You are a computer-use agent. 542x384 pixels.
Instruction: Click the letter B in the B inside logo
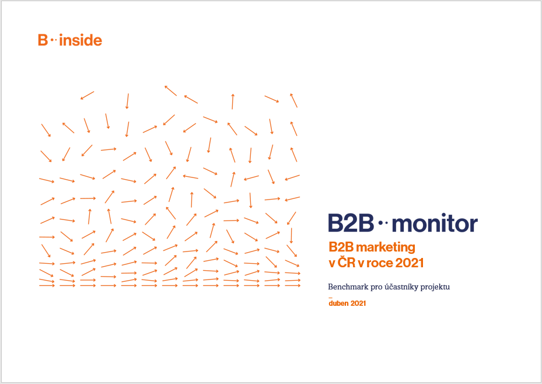click(x=43, y=40)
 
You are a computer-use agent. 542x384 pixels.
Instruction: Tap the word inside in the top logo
click(x=81, y=40)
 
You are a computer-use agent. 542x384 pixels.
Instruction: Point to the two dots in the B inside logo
click(x=53, y=40)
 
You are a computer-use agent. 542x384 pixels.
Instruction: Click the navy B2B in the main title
click(x=351, y=223)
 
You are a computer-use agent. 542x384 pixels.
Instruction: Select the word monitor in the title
click(x=435, y=224)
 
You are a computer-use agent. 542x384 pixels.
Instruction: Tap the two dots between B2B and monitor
click(x=383, y=223)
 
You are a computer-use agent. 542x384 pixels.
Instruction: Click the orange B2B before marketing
click(x=341, y=247)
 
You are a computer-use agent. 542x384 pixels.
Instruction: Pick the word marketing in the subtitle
click(x=386, y=248)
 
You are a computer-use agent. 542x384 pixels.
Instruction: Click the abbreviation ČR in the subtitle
click(x=347, y=263)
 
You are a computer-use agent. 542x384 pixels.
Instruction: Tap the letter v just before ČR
click(x=332, y=263)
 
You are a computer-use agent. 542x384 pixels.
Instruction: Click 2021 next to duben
click(x=358, y=303)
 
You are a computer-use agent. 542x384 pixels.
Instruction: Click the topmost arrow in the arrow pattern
click(x=170, y=90)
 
